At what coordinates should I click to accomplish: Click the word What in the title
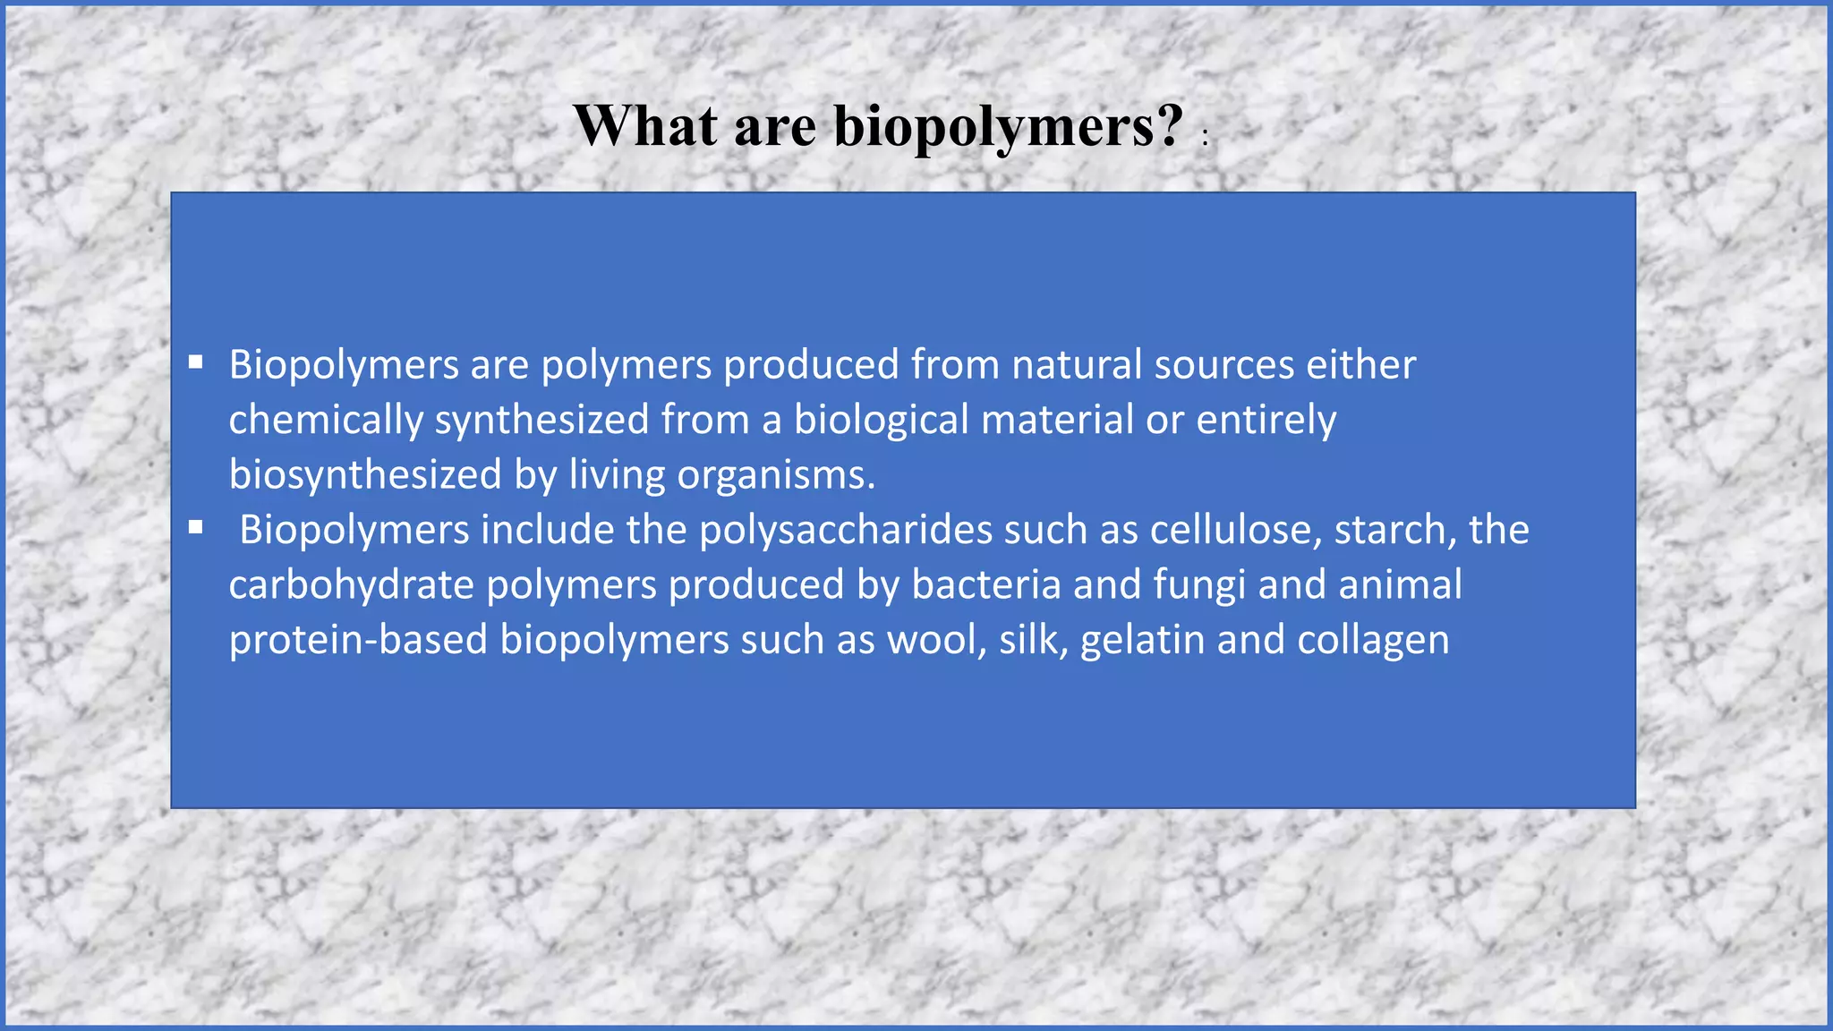click(x=645, y=125)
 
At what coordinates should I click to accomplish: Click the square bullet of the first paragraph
click(x=196, y=363)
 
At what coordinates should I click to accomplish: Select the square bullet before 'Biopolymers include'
click(x=196, y=528)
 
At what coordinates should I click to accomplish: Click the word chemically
click(x=326, y=421)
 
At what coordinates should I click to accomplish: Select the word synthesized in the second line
click(x=541, y=421)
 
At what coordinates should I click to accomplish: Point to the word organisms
click(x=775, y=475)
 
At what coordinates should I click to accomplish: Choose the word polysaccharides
click(x=846, y=530)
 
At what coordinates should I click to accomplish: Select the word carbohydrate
click(x=351, y=585)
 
